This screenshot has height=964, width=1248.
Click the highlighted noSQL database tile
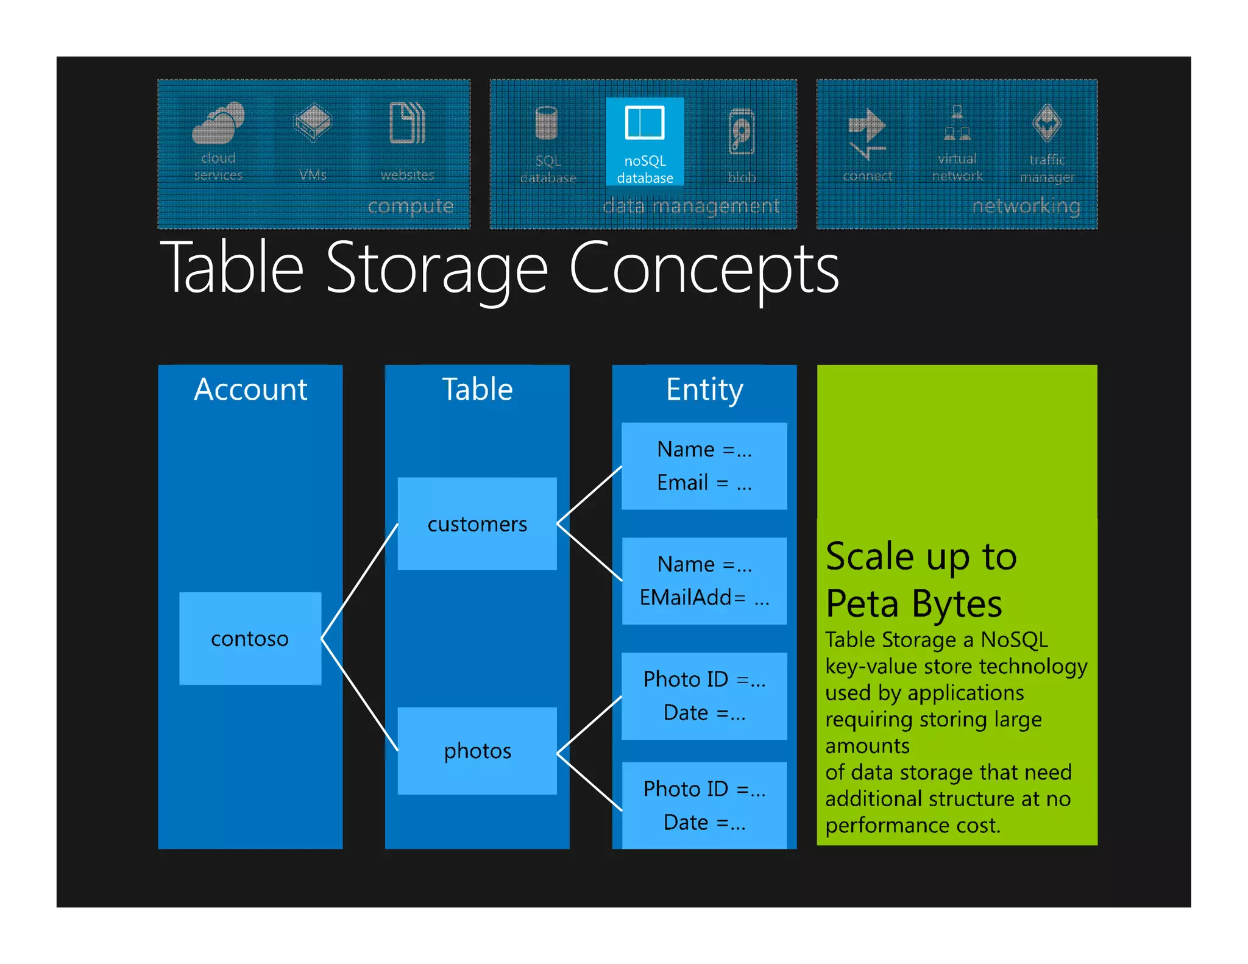[645, 141]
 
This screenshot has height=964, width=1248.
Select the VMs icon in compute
[313, 122]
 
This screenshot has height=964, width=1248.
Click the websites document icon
[407, 123]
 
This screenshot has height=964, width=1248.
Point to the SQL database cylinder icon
[547, 123]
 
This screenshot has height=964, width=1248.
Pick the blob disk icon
[742, 131]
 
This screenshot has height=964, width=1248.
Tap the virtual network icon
[957, 123]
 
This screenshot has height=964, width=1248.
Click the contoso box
[250, 638]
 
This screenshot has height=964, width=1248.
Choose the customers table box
[477, 523]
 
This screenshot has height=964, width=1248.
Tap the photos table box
[477, 751]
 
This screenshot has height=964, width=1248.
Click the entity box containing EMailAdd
[704, 581]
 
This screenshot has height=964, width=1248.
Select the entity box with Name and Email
[704, 466]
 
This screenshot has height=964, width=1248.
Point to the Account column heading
[250, 389]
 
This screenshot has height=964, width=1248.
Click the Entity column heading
[704, 389]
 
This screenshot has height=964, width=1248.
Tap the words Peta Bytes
[913, 604]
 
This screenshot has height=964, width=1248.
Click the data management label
[691, 207]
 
